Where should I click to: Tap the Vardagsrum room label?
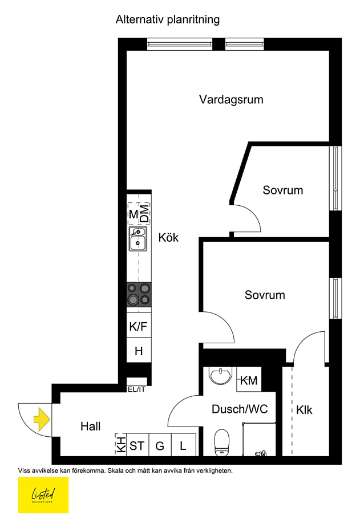[x=231, y=100]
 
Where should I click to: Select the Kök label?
[x=168, y=237]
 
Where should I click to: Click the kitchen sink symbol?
[x=138, y=239]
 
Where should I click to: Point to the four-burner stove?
[x=139, y=294]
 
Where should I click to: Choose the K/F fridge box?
[x=139, y=327]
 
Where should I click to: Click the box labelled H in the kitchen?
[x=139, y=351]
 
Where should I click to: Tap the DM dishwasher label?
[x=145, y=214]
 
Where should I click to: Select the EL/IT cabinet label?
[x=136, y=390]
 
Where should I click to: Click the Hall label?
[x=90, y=426]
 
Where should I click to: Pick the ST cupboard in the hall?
[x=137, y=445]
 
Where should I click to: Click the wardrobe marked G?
[x=160, y=445]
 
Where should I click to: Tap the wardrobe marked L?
[x=183, y=445]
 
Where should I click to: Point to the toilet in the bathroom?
[x=221, y=442]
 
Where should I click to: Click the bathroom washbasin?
[x=220, y=375]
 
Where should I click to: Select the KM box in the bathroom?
[x=249, y=380]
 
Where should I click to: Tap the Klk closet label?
[x=304, y=410]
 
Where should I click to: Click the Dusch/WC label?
[x=240, y=409]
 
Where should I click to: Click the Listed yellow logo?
[x=43, y=495]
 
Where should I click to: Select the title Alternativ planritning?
[x=168, y=20]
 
